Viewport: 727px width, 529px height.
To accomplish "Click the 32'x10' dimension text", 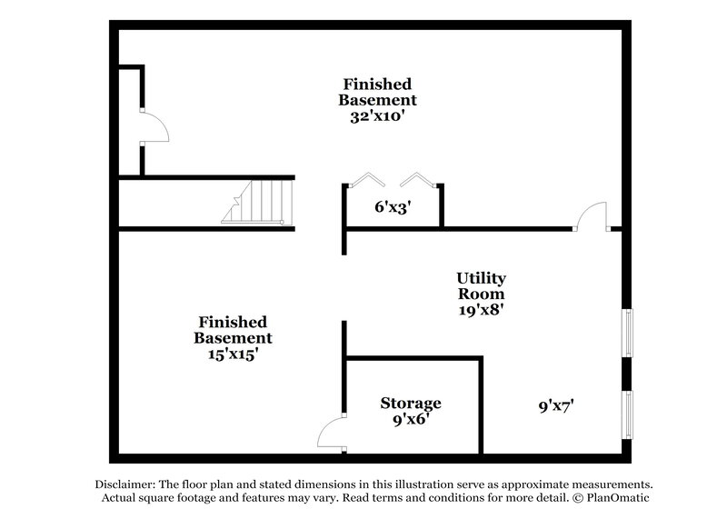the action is click(378, 116).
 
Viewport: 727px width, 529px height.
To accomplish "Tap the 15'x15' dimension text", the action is click(233, 354).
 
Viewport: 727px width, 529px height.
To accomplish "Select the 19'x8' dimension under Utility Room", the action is click(482, 309).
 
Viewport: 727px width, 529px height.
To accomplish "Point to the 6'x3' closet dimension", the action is click(393, 206).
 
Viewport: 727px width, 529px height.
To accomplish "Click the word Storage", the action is click(411, 404).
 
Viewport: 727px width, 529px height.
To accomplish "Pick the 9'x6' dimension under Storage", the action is click(411, 420).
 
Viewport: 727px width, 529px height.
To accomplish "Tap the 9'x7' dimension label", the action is click(556, 406).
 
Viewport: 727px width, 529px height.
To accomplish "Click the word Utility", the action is click(482, 278).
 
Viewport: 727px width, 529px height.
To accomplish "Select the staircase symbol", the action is click(257, 202).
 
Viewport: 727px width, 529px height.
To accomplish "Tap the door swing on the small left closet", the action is click(163, 122).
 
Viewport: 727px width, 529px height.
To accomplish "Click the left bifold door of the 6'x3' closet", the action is click(367, 179).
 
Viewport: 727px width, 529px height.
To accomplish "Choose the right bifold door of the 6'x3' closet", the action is click(418, 179).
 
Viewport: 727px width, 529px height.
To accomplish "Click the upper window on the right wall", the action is click(627, 333).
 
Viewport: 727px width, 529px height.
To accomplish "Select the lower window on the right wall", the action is click(627, 414).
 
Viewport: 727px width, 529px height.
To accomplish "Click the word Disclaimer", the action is click(125, 484).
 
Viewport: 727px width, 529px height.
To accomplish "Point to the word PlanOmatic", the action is click(618, 498).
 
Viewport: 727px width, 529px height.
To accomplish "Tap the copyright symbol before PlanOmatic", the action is click(577, 498).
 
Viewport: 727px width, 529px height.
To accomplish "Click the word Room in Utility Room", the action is click(482, 294).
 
